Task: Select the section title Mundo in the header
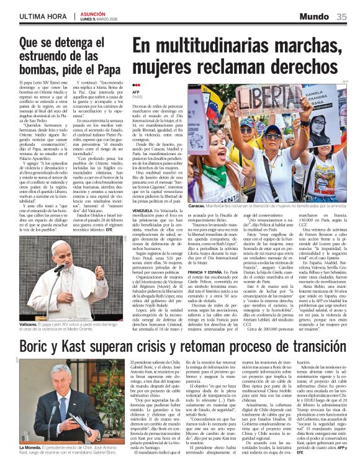point(315,17)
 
